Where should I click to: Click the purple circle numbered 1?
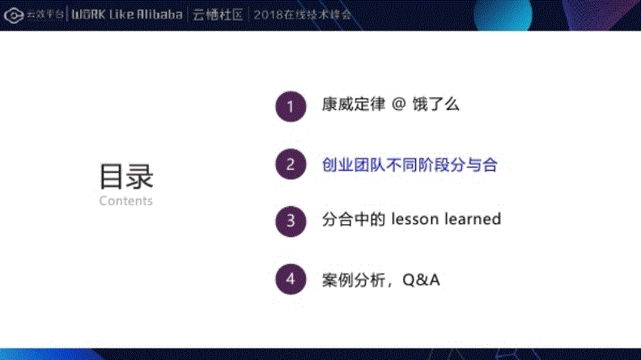click(x=291, y=106)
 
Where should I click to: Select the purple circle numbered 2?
click(x=291, y=165)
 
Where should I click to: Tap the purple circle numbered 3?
click(x=291, y=221)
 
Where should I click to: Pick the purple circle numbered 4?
click(x=291, y=280)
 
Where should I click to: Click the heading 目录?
click(x=126, y=176)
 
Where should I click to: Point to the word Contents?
click(x=125, y=201)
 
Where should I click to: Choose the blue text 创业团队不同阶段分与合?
click(x=409, y=165)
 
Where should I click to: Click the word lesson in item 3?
click(x=415, y=219)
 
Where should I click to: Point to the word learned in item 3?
click(x=473, y=219)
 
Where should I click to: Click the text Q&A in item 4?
click(x=421, y=280)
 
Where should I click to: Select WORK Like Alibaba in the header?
click(x=127, y=15)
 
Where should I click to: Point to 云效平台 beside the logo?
click(x=45, y=15)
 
